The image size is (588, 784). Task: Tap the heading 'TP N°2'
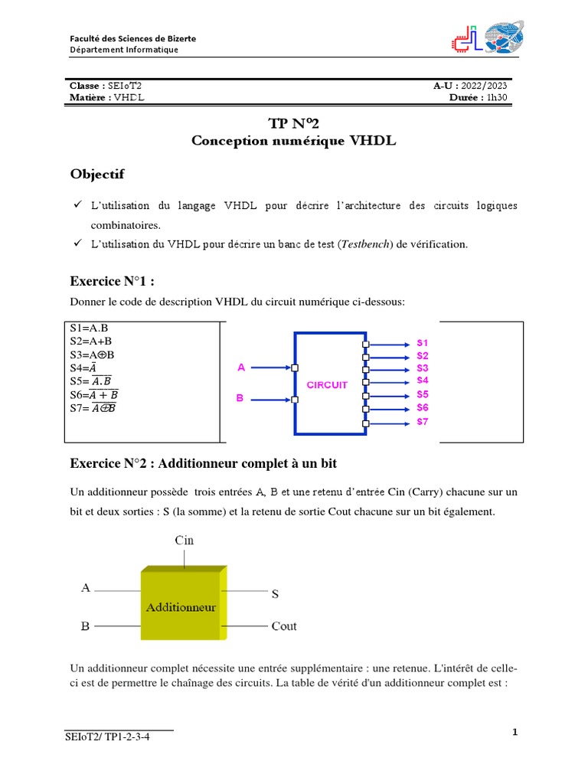pos(294,124)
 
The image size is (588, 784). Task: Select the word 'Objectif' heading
pos(97,175)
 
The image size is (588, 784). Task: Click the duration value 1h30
pos(496,97)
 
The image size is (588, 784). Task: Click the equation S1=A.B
pos(89,328)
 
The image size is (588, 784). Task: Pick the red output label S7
pos(423,422)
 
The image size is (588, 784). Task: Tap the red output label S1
pos(423,341)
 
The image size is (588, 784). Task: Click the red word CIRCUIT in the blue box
pos(327,385)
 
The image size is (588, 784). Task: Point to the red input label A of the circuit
pos(241,367)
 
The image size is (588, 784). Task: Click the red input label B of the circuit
pos(241,399)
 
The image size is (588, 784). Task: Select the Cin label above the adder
pos(185,540)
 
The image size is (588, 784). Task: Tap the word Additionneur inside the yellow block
pos(181,607)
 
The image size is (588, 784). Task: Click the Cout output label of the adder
pos(284,626)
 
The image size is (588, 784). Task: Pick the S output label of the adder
pos(276,593)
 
